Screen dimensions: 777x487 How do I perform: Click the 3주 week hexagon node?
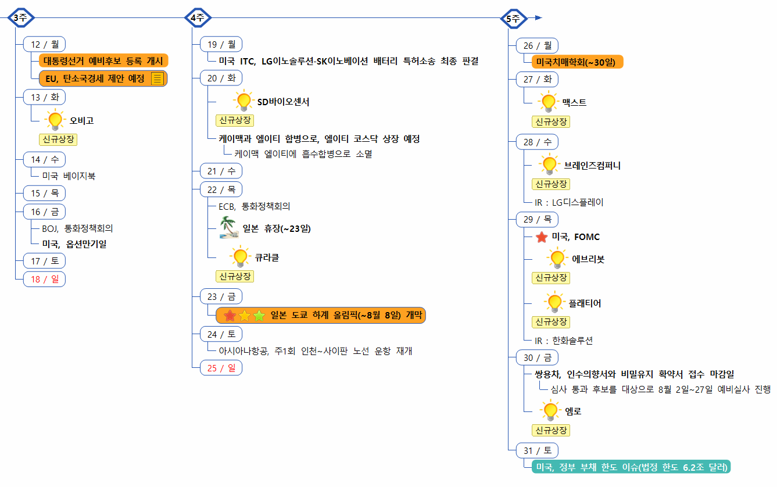[x=20, y=18]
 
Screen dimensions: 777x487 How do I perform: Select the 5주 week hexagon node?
[x=513, y=19]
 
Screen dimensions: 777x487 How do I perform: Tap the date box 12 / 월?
[x=44, y=44]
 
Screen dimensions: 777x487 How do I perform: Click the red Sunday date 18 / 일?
[x=44, y=280]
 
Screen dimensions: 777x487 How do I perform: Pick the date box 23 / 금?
[x=221, y=297]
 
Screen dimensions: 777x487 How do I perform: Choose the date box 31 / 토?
[x=537, y=450]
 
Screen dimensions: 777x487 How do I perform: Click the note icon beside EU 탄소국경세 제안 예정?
[x=157, y=79]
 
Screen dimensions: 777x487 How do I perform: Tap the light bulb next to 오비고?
[x=55, y=120]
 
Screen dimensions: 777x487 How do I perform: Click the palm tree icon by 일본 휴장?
[x=228, y=227]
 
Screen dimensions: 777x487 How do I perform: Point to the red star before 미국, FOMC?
[x=542, y=237]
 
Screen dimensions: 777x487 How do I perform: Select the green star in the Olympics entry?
[x=259, y=316]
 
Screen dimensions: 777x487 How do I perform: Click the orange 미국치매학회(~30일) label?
[x=577, y=62]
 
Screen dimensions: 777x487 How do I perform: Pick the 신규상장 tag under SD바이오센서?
[x=235, y=120]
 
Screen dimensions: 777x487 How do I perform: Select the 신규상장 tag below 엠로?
[x=551, y=431]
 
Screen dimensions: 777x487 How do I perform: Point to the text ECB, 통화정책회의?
[x=250, y=206]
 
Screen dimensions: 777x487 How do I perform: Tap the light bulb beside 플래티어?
[x=555, y=303]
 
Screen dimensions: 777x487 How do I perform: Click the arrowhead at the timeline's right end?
[x=538, y=18]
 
